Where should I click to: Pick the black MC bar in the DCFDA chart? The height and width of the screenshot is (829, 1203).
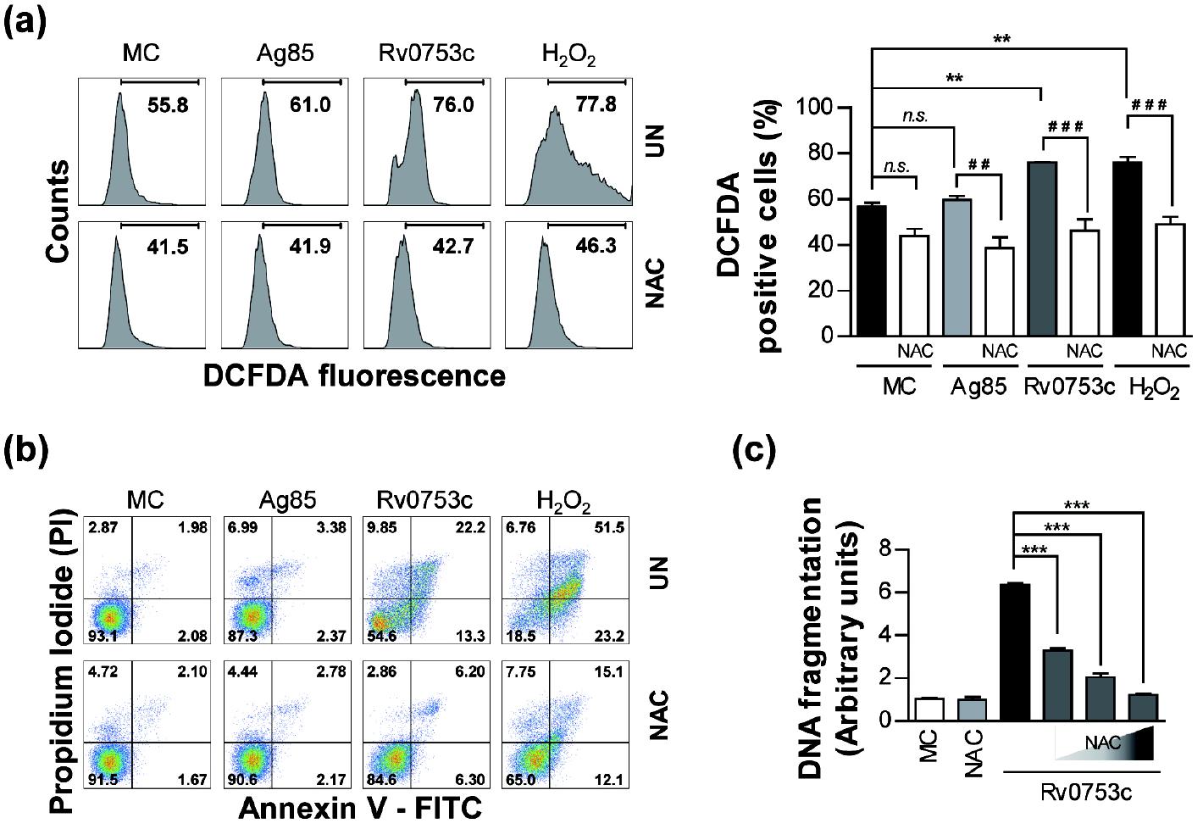[872, 271]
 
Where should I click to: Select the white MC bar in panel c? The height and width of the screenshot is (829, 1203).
[929, 709]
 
